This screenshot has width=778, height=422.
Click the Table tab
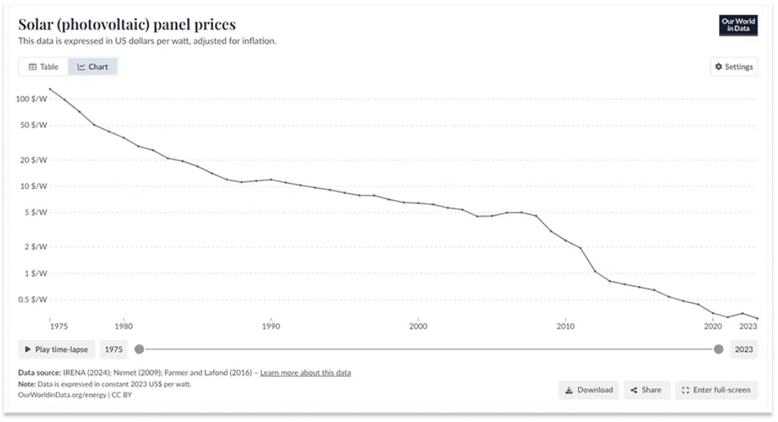[x=44, y=66]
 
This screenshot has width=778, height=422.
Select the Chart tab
[x=93, y=66]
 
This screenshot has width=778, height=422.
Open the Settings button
[x=734, y=66]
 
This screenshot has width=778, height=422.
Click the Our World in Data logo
[x=737, y=25]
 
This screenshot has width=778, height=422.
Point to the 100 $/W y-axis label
[x=32, y=99]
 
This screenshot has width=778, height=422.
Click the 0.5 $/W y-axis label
[x=32, y=300]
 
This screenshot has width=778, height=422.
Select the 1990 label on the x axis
[x=271, y=325]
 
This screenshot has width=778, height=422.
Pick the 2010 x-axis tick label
[x=566, y=325]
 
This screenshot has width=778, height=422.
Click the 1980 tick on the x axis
[x=123, y=325]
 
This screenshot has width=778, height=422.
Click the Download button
[x=589, y=390]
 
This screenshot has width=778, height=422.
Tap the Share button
[x=646, y=390]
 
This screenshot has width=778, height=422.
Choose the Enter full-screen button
[x=717, y=390]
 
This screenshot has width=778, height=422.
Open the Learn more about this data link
[x=305, y=373]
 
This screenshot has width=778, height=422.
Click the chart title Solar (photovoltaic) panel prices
[x=127, y=25]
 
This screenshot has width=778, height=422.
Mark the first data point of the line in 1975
[x=50, y=89]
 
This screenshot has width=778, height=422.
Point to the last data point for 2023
[x=757, y=319]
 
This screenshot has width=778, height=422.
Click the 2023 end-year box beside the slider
[x=744, y=349]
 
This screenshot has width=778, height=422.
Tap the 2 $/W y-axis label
[x=35, y=247]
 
